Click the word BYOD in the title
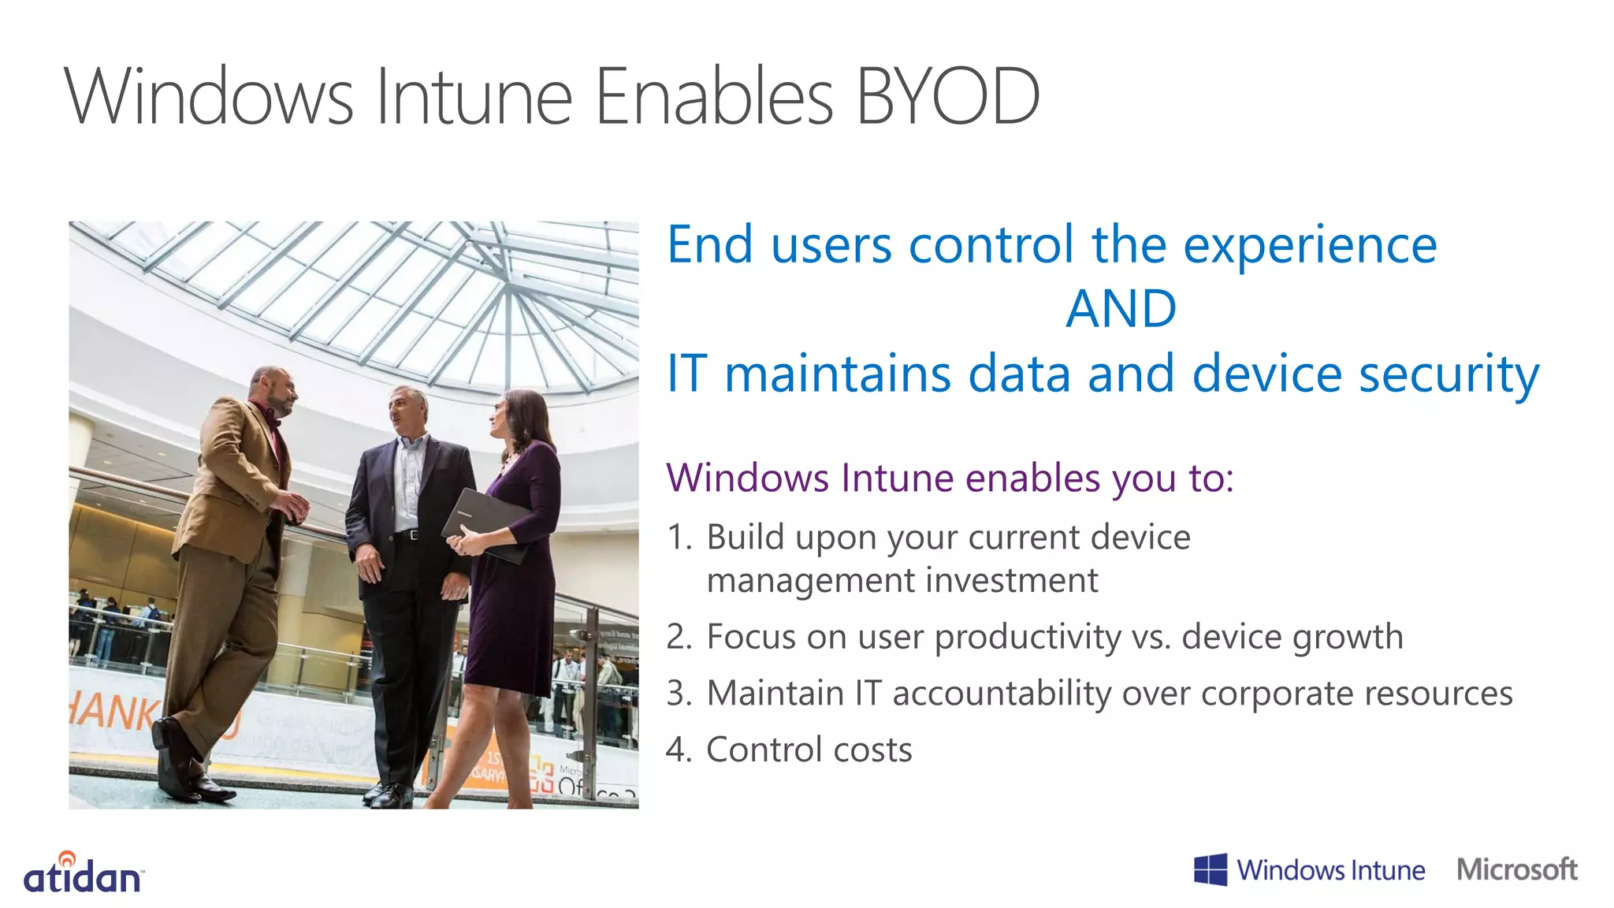(947, 97)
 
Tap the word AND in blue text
(1121, 308)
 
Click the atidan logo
(83, 873)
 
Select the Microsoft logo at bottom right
(1516, 869)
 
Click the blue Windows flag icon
(1210, 870)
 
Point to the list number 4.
(677, 750)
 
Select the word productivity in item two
(1027, 637)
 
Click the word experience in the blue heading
(1310, 245)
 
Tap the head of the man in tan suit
(273, 391)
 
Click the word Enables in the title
(713, 97)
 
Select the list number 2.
(677, 637)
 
